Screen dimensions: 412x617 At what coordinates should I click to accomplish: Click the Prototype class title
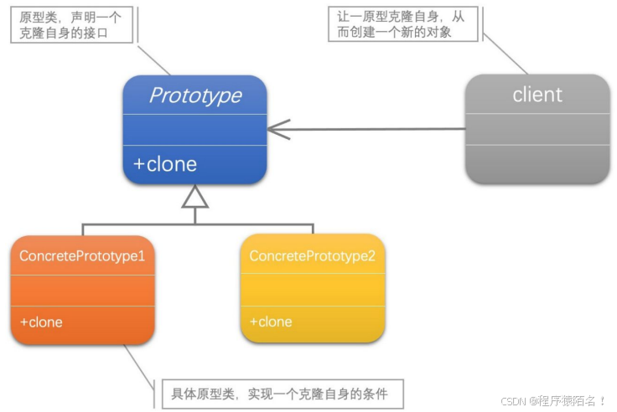click(x=194, y=95)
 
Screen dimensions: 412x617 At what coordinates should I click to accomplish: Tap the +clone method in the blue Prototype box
click(x=165, y=164)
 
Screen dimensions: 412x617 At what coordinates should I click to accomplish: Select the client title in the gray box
click(x=537, y=94)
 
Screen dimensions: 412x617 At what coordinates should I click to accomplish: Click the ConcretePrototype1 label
click(x=82, y=255)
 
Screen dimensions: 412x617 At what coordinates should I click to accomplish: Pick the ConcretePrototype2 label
click(x=312, y=255)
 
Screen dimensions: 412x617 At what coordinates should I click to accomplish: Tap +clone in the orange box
click(x=41, y=322)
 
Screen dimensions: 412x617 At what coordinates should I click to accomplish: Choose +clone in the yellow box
click(x=271, y=322)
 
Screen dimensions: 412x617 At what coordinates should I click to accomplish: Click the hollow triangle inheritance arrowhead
click(x=194, y=197)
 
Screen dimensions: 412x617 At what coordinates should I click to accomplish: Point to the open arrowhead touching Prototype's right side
click(x=277, y=129)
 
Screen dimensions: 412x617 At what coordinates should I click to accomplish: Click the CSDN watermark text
click(x=552, y=401)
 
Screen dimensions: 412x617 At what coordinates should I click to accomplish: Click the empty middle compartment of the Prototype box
click(x=194, y=129)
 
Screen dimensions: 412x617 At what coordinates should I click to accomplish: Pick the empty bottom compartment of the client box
click(x=537, y=163)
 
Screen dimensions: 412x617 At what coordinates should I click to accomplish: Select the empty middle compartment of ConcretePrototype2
click(x=312, y=289)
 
